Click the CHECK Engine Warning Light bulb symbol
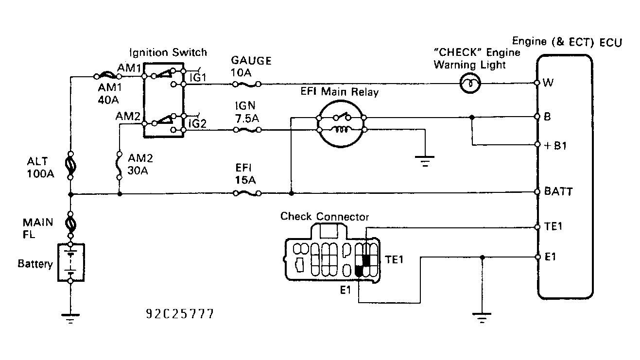point(470,84)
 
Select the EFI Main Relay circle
point(342,123)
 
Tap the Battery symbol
point(71,262)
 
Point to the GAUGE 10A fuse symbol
point(246,84)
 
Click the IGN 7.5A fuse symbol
point(246,130)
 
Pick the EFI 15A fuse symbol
point(246,193)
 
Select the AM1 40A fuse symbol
point(106,76)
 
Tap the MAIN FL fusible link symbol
point(71,225)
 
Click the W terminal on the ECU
point(537,83)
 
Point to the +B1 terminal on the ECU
point(537,145)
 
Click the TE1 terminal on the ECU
point(537,227)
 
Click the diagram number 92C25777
point(179,314)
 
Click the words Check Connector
point(325,216)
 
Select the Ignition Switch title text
point(168,52)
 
